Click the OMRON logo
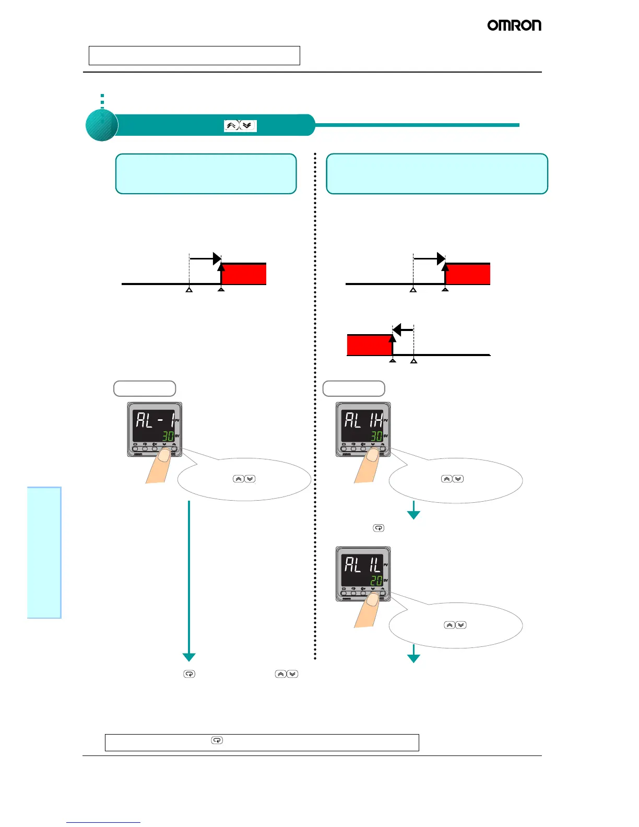point(514,25)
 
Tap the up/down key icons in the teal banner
point(240,126)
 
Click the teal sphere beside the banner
point(102,125)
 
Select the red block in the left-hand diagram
point(244,274)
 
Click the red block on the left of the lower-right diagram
point(369,345)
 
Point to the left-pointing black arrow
point(403,329)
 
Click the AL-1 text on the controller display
point(155,420)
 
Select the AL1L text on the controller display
point(363,565)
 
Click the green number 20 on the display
point(376,581)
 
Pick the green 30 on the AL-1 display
point(168,436)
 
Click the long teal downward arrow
point(189,580)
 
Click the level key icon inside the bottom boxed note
point(217,740)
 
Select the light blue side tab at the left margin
point(44,552)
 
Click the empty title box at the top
point(194,55)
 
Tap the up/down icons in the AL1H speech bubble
point(452,479)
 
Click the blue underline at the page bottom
point(103,822)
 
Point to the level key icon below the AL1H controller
point(378,528)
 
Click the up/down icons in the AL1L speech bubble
point(455,625)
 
